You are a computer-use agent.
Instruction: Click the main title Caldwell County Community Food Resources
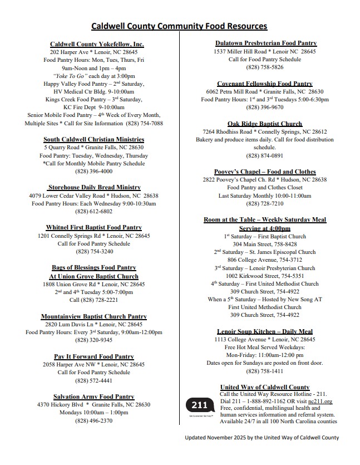pos(179,26)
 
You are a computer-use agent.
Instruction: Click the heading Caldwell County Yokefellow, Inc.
pos(97,44)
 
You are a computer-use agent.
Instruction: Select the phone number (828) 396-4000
pos(94,172)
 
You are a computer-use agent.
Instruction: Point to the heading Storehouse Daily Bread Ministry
pos(94,188)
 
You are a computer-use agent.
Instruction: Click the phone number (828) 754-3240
pos(94,252)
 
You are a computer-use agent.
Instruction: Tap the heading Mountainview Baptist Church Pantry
pos(94,316)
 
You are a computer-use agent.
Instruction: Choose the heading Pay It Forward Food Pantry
pos(94,356)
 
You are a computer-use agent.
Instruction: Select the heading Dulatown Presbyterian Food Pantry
pos(266,43)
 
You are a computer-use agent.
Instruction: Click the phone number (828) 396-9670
pos(265,107)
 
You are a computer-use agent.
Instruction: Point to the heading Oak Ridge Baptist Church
pos(265,124)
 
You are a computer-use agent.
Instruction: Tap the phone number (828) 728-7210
pos(265,204)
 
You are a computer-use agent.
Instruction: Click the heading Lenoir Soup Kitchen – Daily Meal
pos(265,331)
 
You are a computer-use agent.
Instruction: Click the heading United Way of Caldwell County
pos(265,387)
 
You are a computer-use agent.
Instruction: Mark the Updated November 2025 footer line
pos(262,438)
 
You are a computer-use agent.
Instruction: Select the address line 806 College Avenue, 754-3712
pos(265,260)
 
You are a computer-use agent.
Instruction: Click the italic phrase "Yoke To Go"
pos(70,76)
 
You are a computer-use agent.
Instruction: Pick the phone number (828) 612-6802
pos(94,212)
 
